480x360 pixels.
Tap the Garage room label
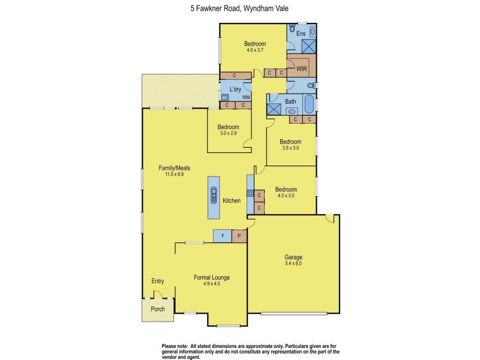(293, 260)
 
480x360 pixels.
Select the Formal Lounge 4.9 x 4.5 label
(212, 280)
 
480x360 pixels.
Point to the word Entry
(158, 281)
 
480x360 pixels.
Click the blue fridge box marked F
(223, 236)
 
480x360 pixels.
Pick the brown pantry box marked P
(239, 236)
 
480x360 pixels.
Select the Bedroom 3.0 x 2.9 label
(228, 130)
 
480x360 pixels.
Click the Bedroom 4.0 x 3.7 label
(255, 47)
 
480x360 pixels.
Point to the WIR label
(302, 70)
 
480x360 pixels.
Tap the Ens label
(301, 34)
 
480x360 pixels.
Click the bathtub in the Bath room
(308, 105)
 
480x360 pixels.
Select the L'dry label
(235, 90)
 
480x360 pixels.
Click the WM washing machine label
(246, 97)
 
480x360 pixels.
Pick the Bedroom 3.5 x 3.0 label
(291, 145)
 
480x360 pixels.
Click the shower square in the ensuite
(309, 47)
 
